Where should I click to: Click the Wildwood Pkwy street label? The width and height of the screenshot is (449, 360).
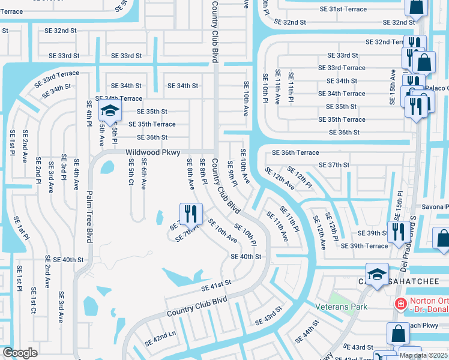click(153, 152)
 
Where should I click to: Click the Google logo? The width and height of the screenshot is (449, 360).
click(20, 353)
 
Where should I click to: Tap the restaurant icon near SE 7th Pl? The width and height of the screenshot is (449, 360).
click(191, 212)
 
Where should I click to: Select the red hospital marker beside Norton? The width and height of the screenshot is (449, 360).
click(400, 304)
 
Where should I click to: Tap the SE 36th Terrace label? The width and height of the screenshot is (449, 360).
click(295, 153)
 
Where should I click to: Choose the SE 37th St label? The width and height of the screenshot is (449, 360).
click(334, 165)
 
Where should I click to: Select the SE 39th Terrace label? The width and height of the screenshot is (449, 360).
click(364, 246)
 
